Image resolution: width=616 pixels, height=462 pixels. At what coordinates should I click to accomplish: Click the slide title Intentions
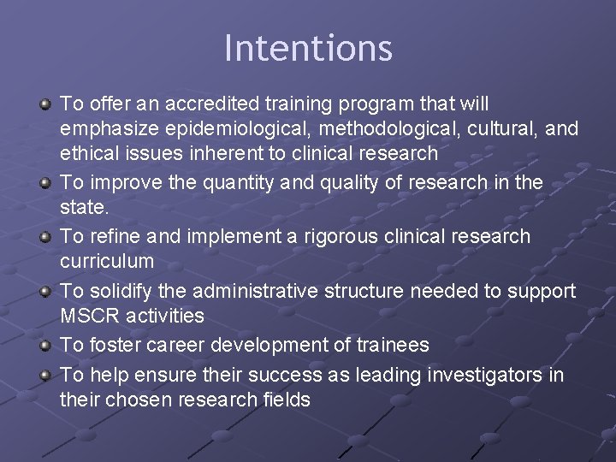308,48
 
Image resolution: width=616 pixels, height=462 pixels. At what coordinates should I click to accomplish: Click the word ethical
88,154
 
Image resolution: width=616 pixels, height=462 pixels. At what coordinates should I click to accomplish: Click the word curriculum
107,261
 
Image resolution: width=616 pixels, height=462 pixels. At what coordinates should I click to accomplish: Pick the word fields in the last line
283,400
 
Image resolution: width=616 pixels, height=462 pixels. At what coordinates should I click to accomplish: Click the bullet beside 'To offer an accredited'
44,104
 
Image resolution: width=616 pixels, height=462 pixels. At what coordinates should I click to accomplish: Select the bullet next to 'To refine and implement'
44,237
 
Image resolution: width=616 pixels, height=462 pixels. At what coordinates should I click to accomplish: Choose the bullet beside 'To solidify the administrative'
44,292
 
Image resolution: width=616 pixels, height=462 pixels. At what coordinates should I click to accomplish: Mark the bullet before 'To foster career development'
44,346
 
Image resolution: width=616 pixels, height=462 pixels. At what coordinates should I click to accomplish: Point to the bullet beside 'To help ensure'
44,376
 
